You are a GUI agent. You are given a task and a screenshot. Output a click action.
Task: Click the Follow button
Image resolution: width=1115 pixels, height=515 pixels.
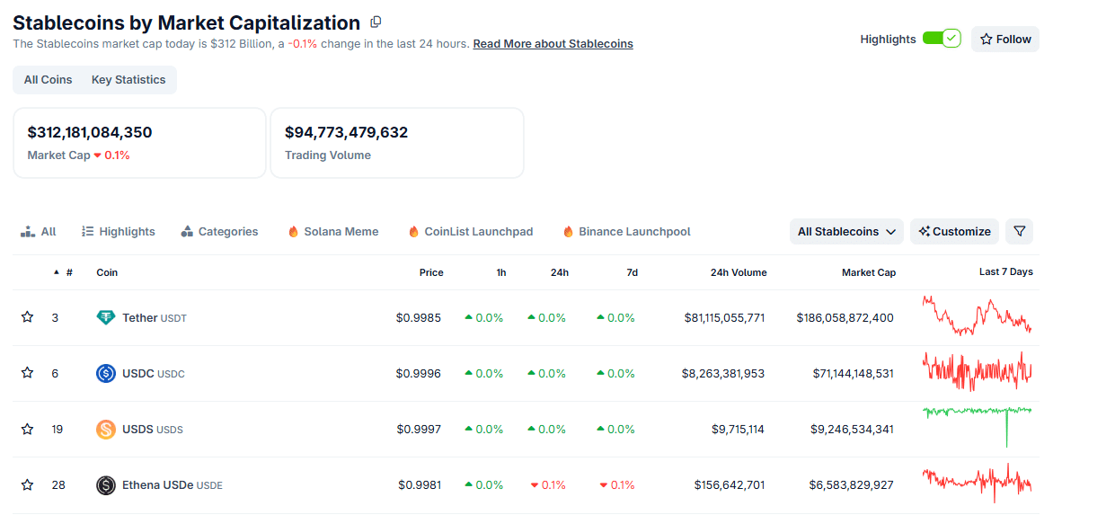(1004, 39)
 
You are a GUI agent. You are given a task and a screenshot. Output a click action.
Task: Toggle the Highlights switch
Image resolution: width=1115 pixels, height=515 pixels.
(941, 39)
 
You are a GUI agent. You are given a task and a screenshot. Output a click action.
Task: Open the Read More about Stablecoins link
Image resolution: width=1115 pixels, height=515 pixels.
(553, 44)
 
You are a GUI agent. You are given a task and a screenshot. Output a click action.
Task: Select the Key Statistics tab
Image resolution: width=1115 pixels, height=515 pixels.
(128, 80)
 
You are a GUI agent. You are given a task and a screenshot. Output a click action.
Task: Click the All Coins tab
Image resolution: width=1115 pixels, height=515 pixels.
(49, 80)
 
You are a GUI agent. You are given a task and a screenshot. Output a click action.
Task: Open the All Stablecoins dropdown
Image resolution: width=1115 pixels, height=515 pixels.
(846, 232)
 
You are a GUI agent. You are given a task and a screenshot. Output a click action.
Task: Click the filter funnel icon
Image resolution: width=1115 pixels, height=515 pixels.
(1019, 232)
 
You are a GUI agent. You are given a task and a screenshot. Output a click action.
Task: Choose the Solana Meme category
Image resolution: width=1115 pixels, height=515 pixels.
(333, 232)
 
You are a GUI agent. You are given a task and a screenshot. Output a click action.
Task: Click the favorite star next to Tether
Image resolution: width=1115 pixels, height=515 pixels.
(27, 317)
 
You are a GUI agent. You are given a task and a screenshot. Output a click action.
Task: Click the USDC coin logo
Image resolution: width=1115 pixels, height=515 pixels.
(106, 373)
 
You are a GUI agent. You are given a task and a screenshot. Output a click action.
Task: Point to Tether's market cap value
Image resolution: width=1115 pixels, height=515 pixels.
(845, 317)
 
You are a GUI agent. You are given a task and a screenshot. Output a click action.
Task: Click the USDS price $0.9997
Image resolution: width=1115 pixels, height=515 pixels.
(419, 429)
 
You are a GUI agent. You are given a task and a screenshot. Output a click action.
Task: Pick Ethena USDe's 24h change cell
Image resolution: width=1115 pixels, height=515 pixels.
(548, 484)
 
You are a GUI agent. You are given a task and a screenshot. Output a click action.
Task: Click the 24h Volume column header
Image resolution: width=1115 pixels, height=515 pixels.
(739, 272)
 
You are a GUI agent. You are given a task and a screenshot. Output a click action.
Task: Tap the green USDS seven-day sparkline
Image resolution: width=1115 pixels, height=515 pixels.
(977, 413)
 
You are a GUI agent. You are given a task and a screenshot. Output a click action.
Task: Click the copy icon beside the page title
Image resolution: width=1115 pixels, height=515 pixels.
(376, 22)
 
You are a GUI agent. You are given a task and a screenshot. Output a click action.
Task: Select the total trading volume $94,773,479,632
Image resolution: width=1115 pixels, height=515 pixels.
(346, 132)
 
